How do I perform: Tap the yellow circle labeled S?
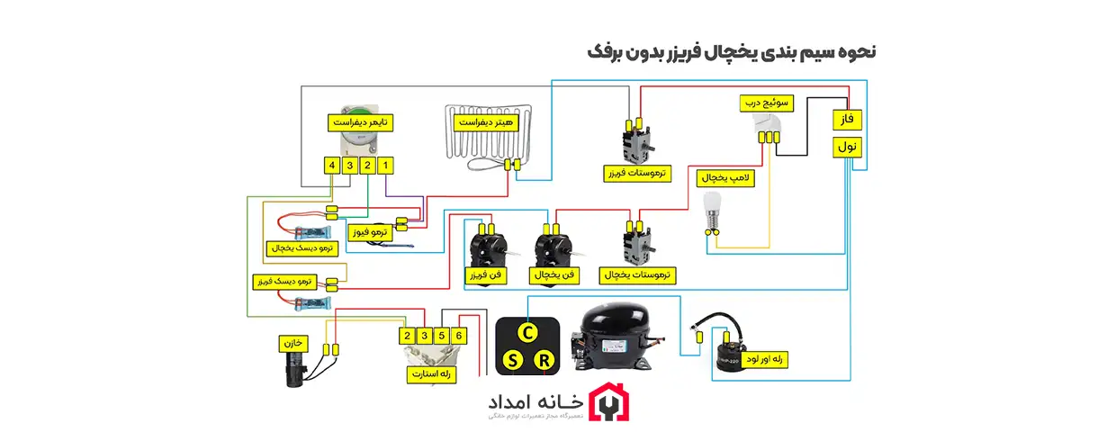point(512,361)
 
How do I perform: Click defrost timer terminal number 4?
point(332,166)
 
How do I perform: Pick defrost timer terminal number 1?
point(386,166)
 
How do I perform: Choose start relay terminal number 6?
point(460,336)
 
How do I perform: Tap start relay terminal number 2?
point(407,336)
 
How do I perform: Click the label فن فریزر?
point(483,274)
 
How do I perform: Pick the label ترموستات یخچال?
point(640,272)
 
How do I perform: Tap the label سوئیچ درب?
point(766,103)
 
